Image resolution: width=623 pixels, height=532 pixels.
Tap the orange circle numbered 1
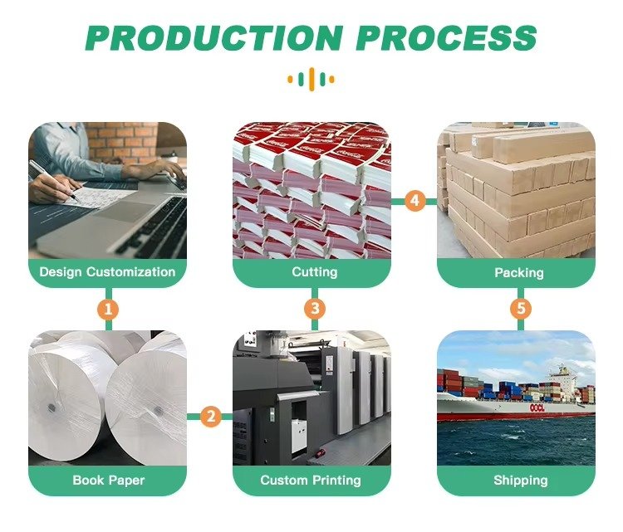point(108,310)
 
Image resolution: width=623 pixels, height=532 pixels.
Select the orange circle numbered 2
point(210,417)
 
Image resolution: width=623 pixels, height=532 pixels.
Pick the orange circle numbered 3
point(313,310)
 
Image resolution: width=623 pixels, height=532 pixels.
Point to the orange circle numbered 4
point(415,201)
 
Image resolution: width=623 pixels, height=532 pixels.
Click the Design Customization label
point(108,272)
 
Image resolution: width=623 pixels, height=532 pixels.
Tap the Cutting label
point(314,272)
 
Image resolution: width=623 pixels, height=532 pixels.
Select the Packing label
point(518,272)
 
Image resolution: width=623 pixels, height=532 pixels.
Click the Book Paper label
point(108,480)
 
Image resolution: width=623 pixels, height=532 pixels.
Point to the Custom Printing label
point(311,480)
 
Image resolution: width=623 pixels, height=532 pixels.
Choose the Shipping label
point(521,480)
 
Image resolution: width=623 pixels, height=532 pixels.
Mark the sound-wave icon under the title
point(311,80)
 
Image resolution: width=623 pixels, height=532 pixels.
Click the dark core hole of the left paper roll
point(51,408)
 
